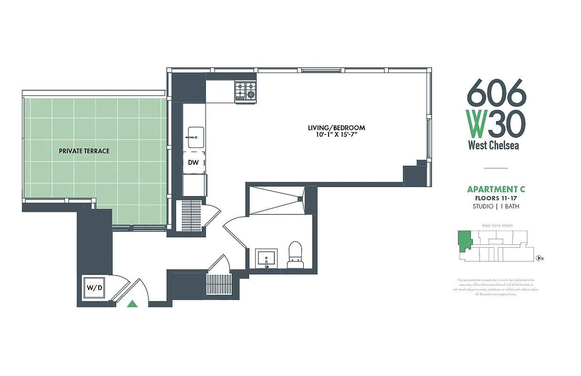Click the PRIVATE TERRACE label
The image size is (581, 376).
(x=84, y=151)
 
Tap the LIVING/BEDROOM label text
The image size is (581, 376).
(x=336, y=128)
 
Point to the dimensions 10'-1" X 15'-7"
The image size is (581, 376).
(x=336, y=135)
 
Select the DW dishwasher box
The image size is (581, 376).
(x=194, y=162)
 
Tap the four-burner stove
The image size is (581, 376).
(x=245, y=91)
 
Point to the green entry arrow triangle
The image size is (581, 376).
(x=133, y=304)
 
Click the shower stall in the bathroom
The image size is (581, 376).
(x=276, y=200)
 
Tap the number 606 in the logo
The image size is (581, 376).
(x=496, y=92)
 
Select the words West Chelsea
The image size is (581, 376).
(x=494, y=145)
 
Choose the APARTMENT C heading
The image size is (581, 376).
(x=495, y=189)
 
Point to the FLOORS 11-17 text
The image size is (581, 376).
(x=495, y=198)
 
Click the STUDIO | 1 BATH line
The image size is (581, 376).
(x=495, y=206)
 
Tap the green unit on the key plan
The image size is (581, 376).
(x=465, y=240)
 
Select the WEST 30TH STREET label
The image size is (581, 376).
(x=497, y=226)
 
